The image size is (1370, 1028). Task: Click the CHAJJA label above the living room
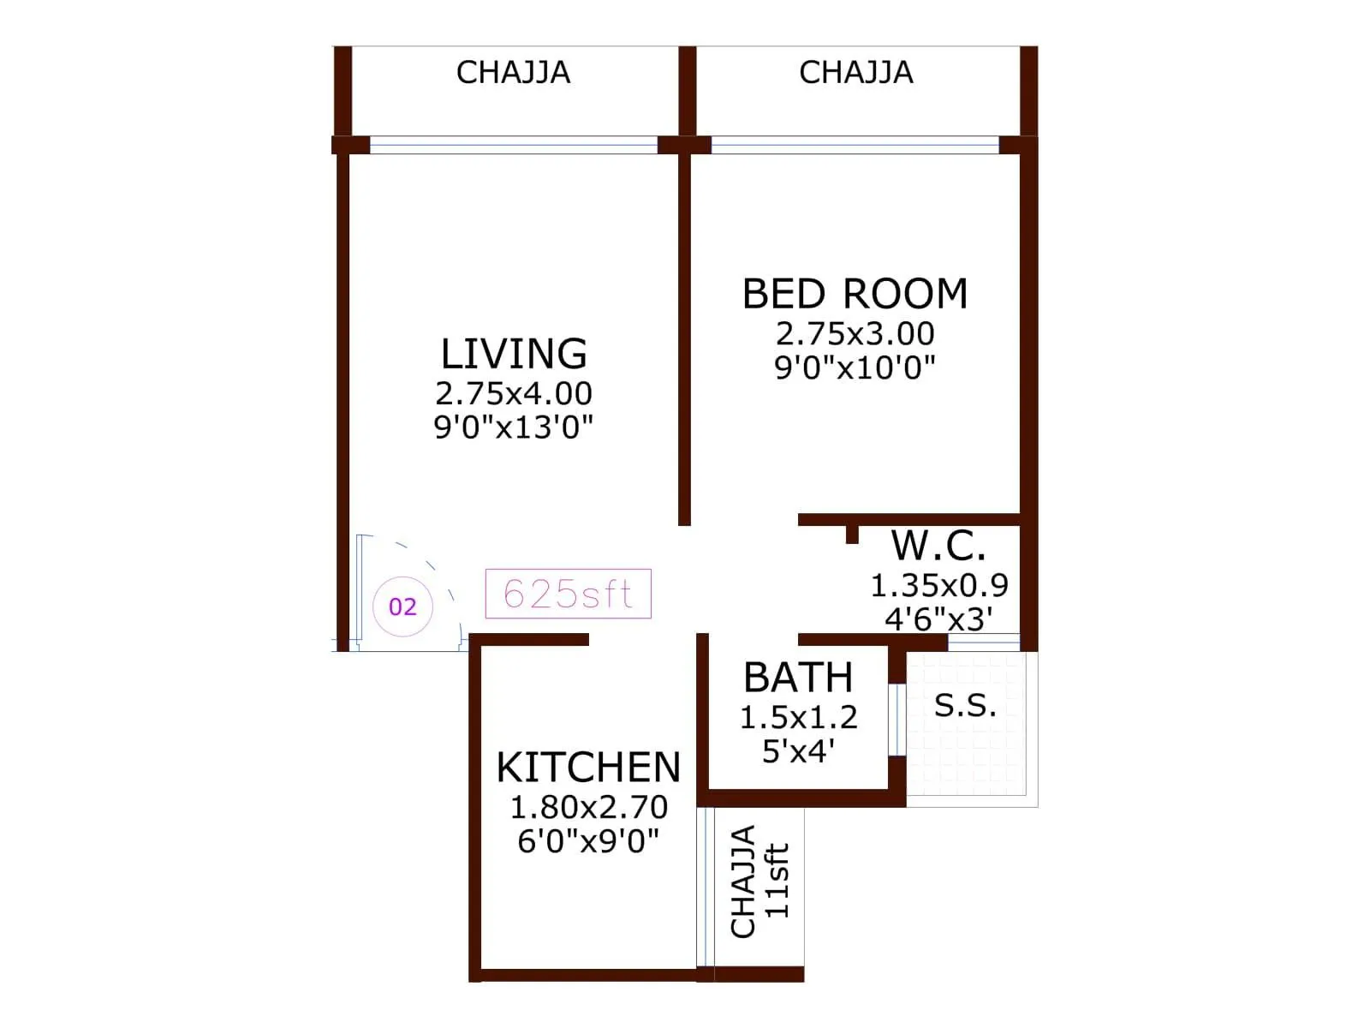coord(513,73)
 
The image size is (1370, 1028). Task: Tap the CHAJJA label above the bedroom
coord(855,73)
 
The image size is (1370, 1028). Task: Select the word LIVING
coord(514,354)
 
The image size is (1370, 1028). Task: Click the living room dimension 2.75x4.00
coord(514,393)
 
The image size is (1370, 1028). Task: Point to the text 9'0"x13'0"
coord(514,427)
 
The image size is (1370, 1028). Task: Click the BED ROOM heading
coord(855,294)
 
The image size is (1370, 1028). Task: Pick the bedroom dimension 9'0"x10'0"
coord(855,368)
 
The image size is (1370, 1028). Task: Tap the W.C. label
coord(938,545)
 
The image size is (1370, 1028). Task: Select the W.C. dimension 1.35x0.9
coord(939,585)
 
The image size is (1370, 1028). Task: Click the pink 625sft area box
coord(568,594)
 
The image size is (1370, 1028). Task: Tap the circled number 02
coord(402,607)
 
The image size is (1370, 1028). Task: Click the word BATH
coord(798,678)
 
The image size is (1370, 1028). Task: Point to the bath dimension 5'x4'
coord(798,751)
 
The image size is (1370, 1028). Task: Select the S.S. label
coord(965,705)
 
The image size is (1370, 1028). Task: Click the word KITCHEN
coord(588,768)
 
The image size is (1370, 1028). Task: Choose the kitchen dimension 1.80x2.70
coord(588,807)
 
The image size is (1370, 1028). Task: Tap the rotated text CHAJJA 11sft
coord(759,882)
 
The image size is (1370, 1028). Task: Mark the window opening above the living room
coord(513,145)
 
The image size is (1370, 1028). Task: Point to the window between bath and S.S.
coord(896,719)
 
